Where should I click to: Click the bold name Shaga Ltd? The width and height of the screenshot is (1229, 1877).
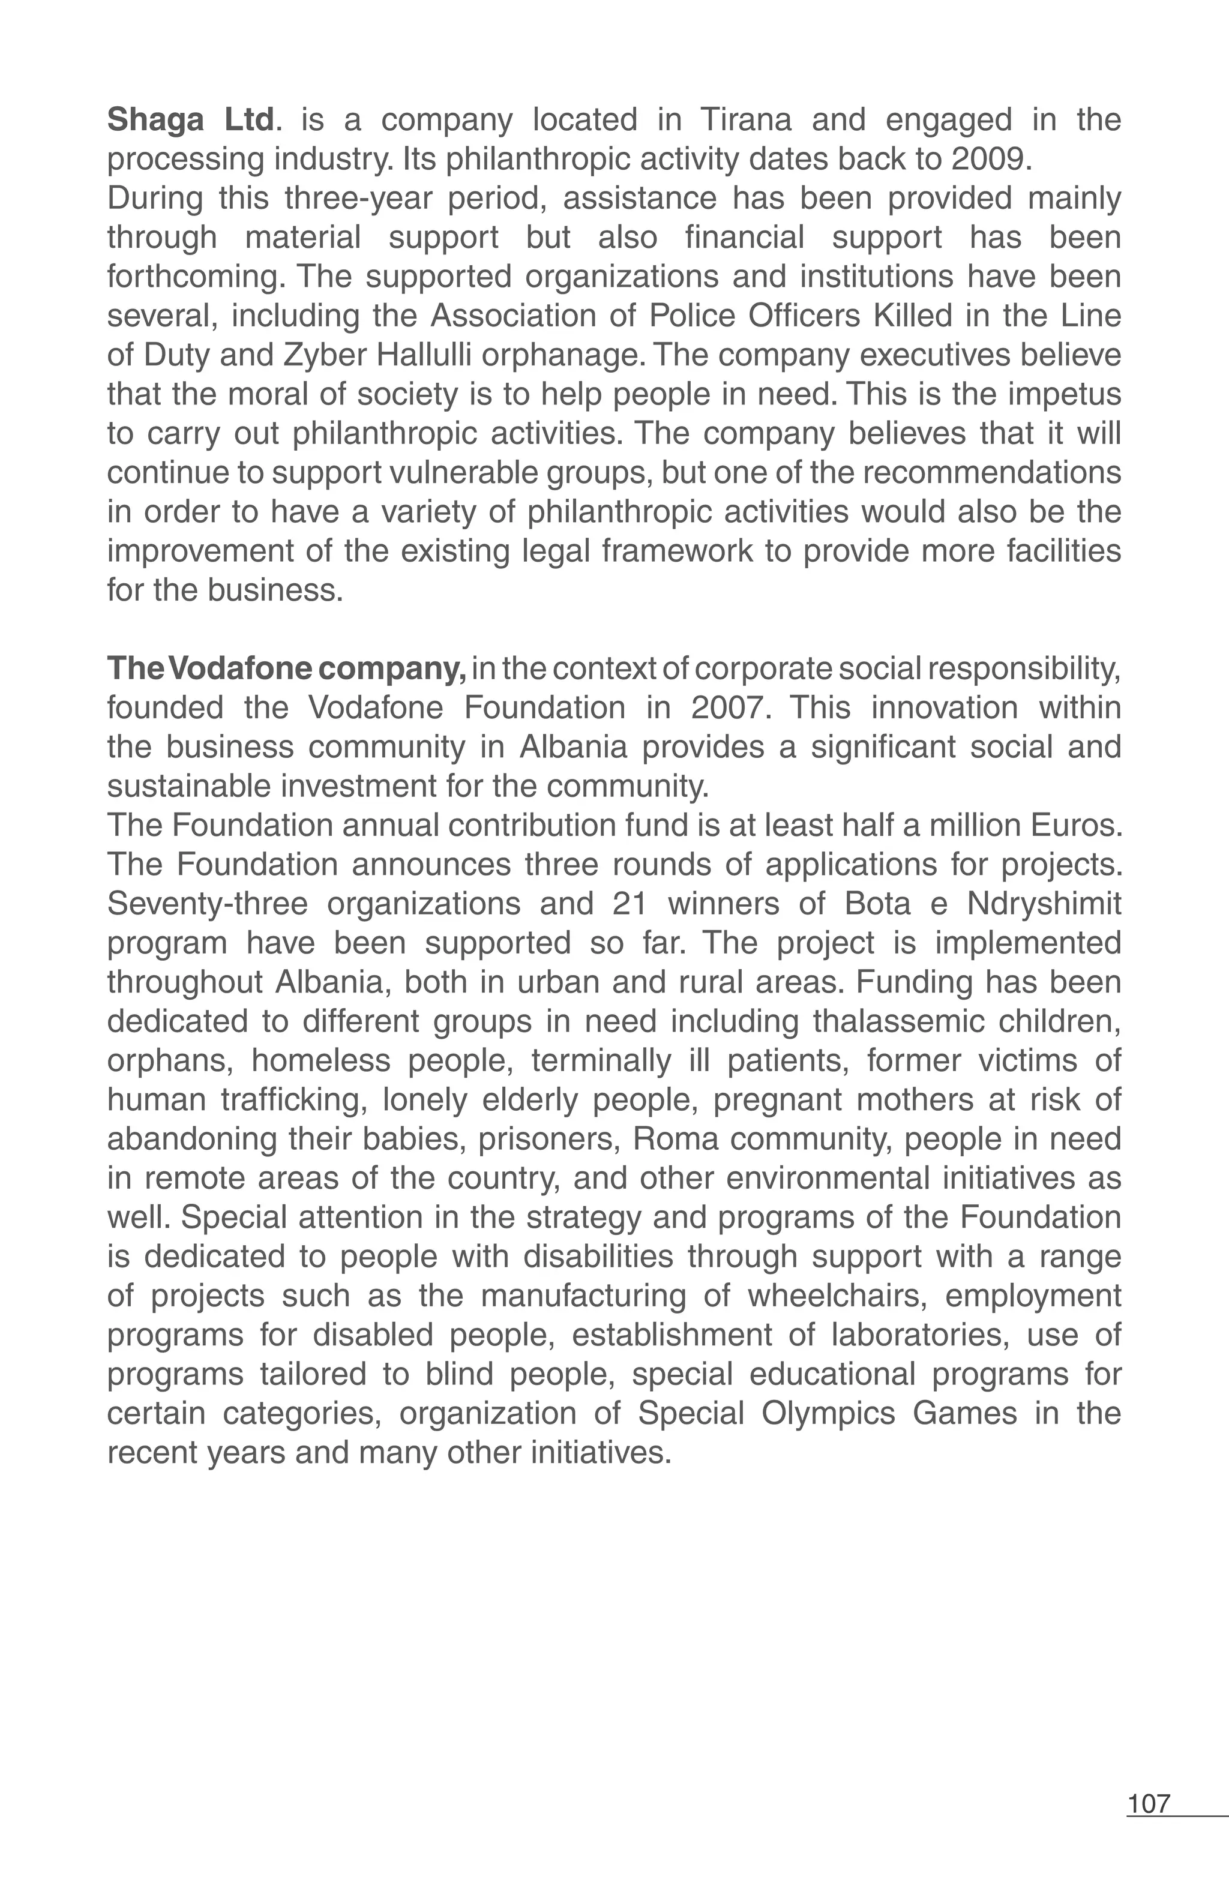(191, 120)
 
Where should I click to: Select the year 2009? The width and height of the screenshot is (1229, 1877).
(991, 159)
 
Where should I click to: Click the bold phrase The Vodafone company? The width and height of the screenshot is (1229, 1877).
(287, 669)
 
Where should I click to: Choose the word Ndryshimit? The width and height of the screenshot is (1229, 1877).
(1044, 904)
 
